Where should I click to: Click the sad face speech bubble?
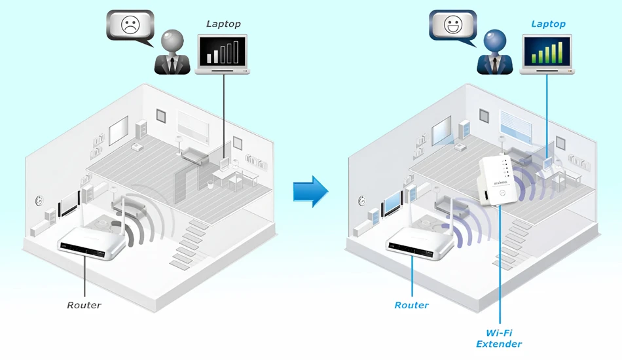click(x=130, y=26)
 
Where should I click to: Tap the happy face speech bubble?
click(x=453, y=26)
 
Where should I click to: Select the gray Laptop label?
click(x=223, y=24)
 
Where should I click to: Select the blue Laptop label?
click(x=548, y=24)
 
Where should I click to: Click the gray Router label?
click(x=84, y=305)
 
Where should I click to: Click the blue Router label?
click(x=412, y=305)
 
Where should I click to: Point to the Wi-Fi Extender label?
click(x=499, y=338)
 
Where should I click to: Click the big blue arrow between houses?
click(x=310, y=192)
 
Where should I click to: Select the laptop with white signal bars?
click(x=223, y=54)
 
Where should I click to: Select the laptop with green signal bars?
click(x=547, y=54)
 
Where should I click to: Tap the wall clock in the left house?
click(x=39, y=200)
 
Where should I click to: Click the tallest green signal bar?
click(x=560, y=52)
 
